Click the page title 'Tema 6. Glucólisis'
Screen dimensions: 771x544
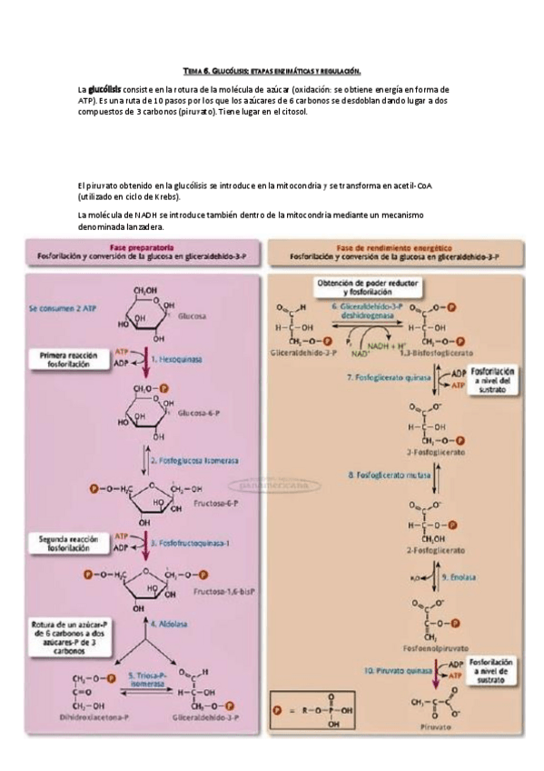(272, 70)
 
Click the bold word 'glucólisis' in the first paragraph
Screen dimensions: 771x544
(105, 90)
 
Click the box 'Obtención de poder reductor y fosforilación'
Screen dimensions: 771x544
(365, 287)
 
